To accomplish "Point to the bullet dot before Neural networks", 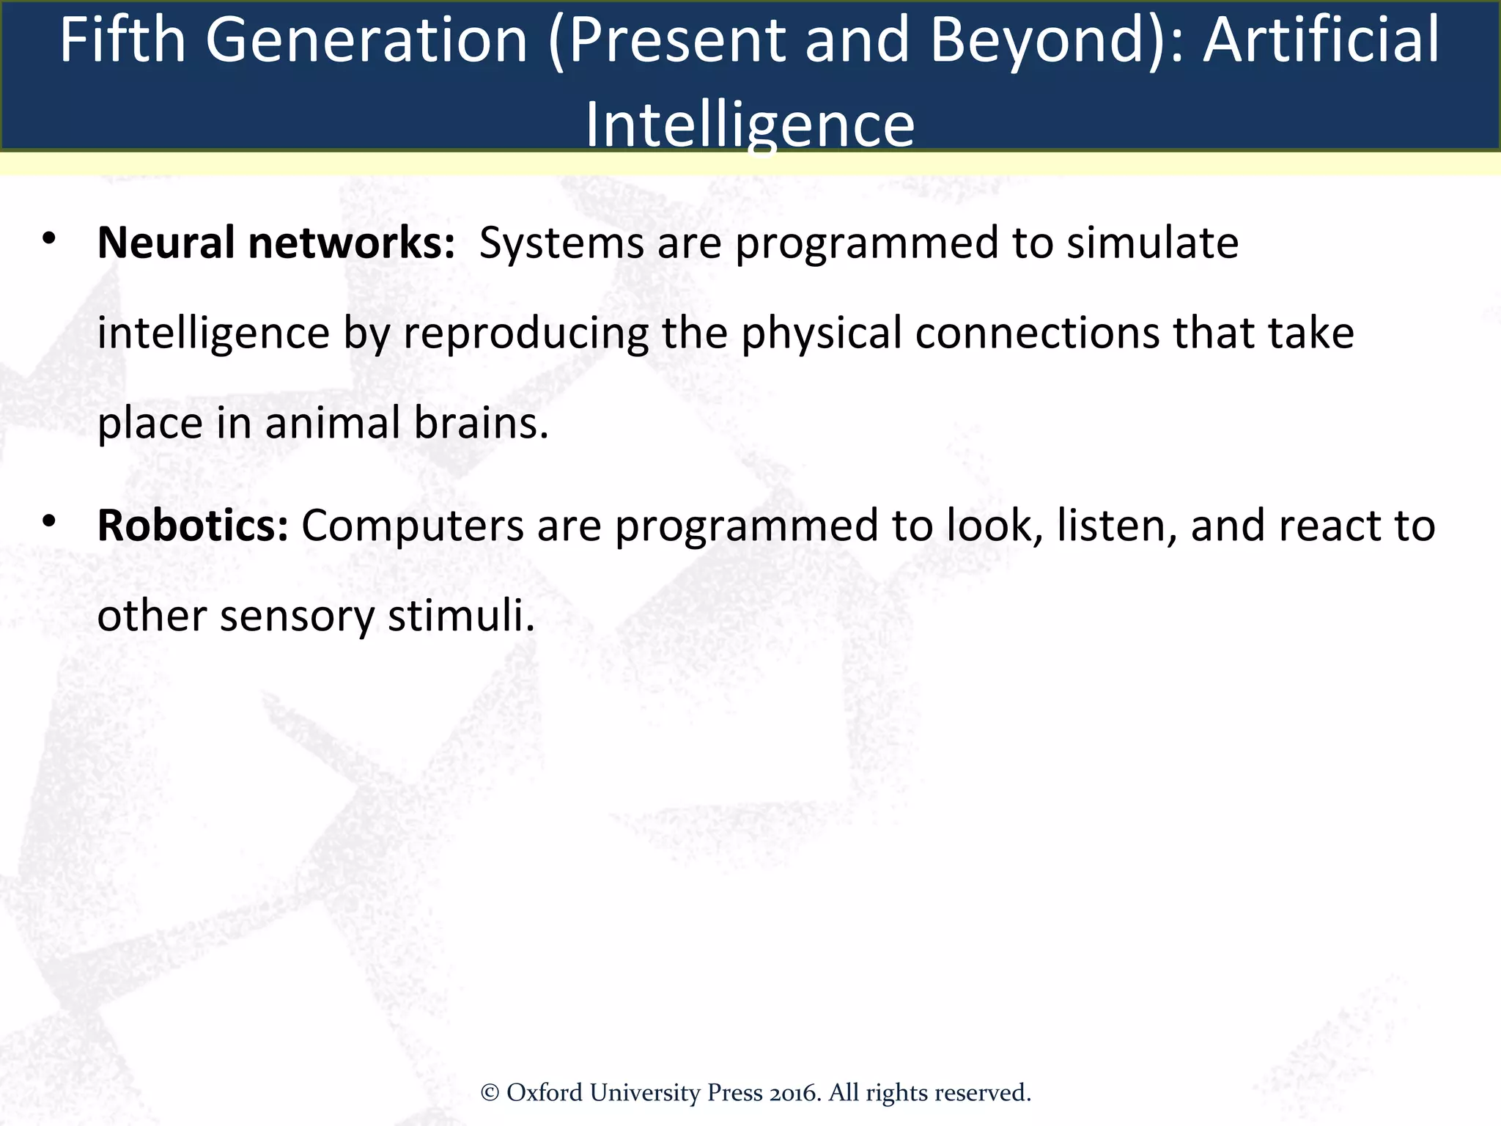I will coord(49,239).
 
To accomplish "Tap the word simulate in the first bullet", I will coord(1152,243).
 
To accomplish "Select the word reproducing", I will coord(525,334).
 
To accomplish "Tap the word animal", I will coord(332,424).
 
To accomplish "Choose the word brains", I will coord(480,424).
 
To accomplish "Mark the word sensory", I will coord(297,616).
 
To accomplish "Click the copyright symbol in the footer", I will coord(490,1093).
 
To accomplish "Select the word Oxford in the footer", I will coord(545,1093).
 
